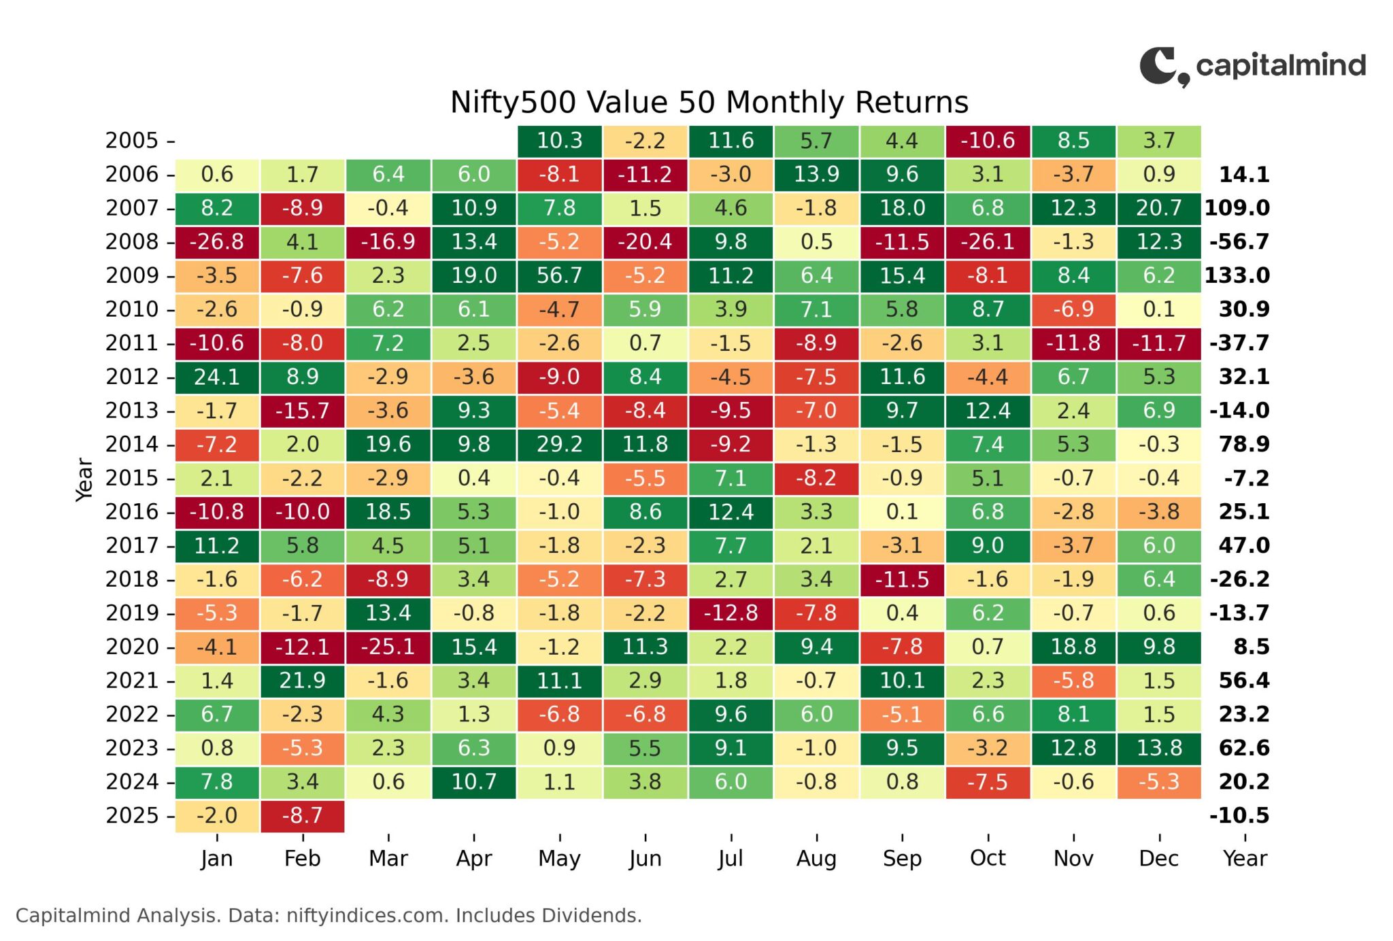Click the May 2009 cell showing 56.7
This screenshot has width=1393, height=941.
tap(559, 275)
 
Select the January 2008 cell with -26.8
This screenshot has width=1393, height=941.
tap(217, 241)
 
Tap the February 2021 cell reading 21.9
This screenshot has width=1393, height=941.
tap(303, 680)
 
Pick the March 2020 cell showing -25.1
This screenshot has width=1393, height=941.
tap(388, 647)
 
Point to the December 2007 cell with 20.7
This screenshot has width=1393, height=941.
tap(1159, 208)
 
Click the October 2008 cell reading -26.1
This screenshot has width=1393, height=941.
tap(988, 241)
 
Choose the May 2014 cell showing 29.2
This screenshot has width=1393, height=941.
tap(559, 444)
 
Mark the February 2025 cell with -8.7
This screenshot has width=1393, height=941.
tap(303, 815)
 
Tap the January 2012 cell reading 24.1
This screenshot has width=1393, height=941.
tap(217, 377)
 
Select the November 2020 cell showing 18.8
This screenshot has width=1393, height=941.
tap(1073, 647)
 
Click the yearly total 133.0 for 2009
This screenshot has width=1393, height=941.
tap(1237, 275)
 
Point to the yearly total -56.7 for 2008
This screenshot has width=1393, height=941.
tap(1239, 241)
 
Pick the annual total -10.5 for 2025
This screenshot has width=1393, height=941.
tap(1239, 815)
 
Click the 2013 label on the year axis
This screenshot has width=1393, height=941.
tap(132, 411)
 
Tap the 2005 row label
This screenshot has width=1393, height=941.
tap(132, 141)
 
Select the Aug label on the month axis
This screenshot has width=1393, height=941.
tap(816, 859)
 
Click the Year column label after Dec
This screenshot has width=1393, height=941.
tap(1245, 858)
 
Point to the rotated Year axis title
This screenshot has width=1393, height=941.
tap(84, 479)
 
